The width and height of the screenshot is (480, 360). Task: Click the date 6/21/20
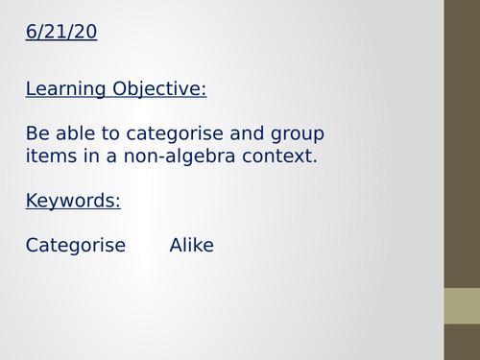click(x=61, y=33)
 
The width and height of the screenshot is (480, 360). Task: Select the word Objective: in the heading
click(x=159, y=90)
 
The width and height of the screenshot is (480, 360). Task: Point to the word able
click(x=76, y=132)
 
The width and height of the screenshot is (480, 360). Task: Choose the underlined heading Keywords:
click(x=73, y=201)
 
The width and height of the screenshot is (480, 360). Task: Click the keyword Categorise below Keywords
click(x=76, y=245)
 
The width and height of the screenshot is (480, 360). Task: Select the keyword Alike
click(x=192, y=245)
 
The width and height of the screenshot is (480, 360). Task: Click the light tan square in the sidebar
click(x=462, y=306)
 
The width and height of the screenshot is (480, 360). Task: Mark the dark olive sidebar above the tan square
click(x=462, y=144)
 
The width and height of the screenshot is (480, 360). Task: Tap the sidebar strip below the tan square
click(x=462, y=343)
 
